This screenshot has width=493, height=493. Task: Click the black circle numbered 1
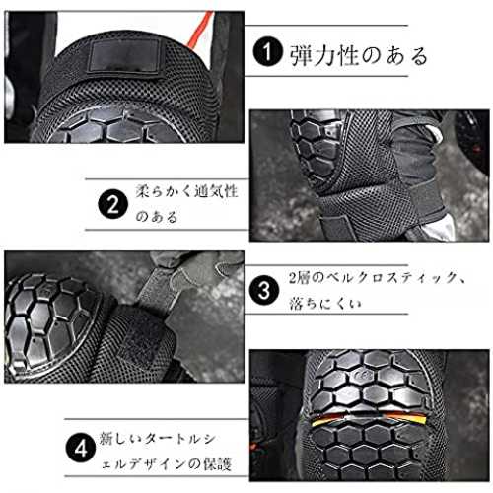[x=267, y=51]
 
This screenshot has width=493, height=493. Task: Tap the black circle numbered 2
[x=112, y=205]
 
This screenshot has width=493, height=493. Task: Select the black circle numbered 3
[x=264, y=290]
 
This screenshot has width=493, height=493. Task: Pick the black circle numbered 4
[x=81, y=448]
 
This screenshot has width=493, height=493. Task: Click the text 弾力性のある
[x=358, y=55]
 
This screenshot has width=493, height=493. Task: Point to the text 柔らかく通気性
[x=186, y=191]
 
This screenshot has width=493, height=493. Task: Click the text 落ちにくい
[x=325, y=303]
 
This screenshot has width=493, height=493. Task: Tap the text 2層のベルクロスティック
[x=373, y=278]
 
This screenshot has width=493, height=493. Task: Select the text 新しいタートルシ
[x=158, y=439]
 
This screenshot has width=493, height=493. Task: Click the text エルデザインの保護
[x=167, y=464]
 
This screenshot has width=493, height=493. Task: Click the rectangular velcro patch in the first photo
[x=124, y=56]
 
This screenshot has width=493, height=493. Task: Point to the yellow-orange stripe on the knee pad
[x=368, y=418]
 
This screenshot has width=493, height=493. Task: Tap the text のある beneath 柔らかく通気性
[x=157, y=217]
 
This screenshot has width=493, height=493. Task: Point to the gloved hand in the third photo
[x=197, y=269]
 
